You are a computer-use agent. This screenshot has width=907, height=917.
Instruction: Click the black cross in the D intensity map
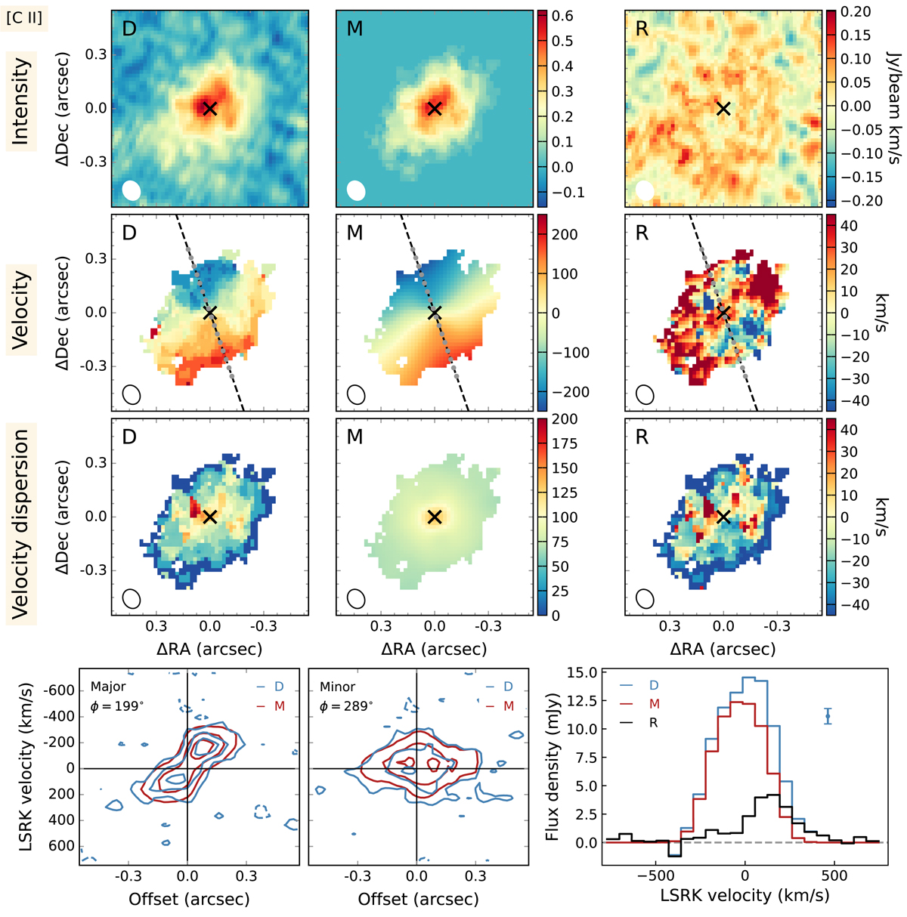[210, 108]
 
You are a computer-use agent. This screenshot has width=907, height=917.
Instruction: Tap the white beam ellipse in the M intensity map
[356, 190]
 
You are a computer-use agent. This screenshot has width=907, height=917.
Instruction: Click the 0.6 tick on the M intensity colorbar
[563, 16]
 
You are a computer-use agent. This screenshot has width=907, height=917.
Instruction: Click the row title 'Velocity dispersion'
[22, 523]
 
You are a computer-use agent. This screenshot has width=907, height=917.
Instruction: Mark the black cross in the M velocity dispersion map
[434, 517]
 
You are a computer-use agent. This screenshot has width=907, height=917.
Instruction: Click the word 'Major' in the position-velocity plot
[108, 687]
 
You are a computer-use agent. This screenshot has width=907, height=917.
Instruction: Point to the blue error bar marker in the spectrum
[828, 716]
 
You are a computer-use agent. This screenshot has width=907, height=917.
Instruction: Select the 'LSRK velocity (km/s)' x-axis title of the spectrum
[744, 896]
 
